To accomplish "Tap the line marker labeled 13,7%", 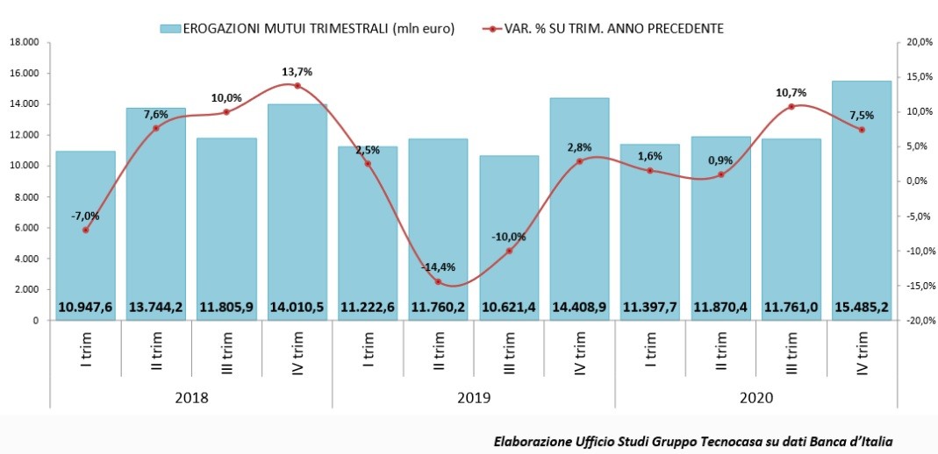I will point(297,86).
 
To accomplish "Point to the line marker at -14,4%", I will point(438,281).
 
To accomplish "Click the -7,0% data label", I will point(86,216).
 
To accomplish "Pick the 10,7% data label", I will point(791,92).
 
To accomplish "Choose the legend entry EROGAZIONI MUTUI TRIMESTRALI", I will point(307,28).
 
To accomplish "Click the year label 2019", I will point(474,397).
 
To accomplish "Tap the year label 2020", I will point(755,397).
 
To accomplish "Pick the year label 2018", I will point(191,397).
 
